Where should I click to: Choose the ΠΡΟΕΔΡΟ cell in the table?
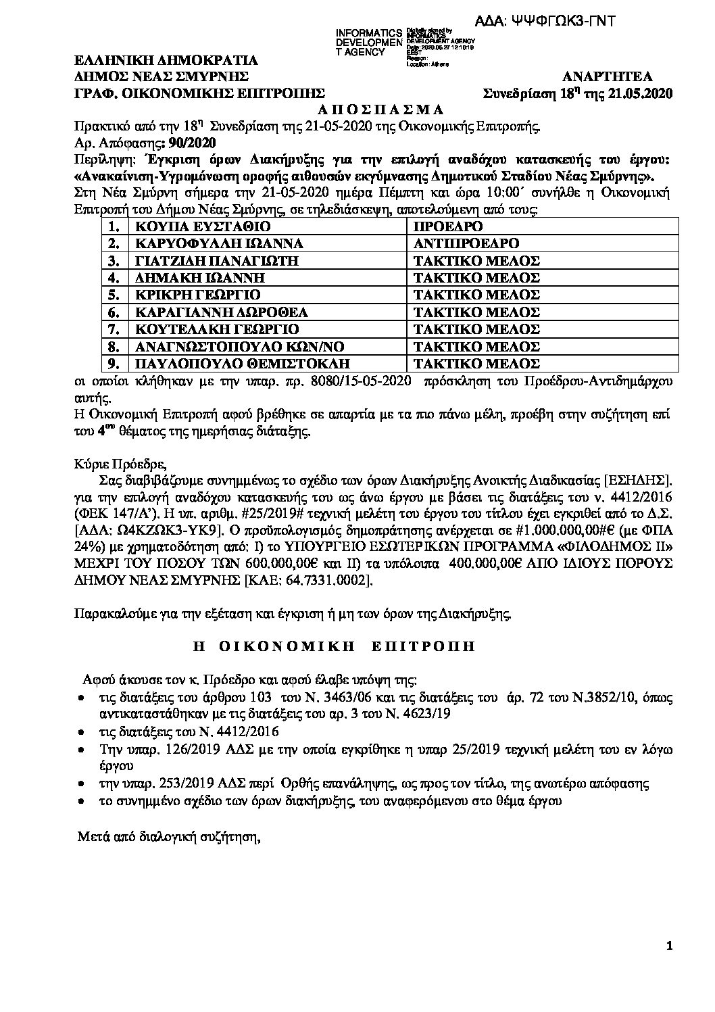tap(449, 226)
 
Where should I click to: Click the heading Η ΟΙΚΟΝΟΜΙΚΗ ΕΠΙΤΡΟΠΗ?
tap(334, 646)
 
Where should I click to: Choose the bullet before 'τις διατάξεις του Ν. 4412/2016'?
tap(82, 732)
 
